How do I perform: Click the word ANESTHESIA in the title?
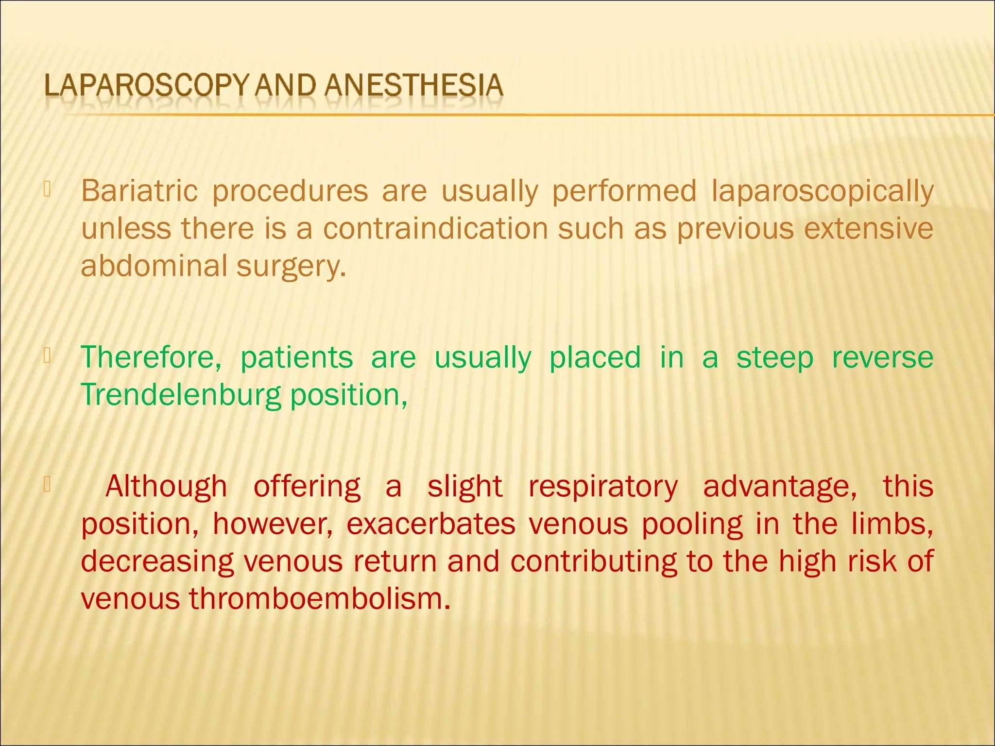point(413,86)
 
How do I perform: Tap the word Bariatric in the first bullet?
point(139,191)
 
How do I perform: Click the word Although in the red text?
point(166,486)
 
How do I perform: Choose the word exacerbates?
point(431,524)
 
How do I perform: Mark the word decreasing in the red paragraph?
point(157,562)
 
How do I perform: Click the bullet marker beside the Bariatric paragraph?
point(47,189)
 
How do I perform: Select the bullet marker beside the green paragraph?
point(47,356)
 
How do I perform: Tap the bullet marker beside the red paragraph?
point(47,484)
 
